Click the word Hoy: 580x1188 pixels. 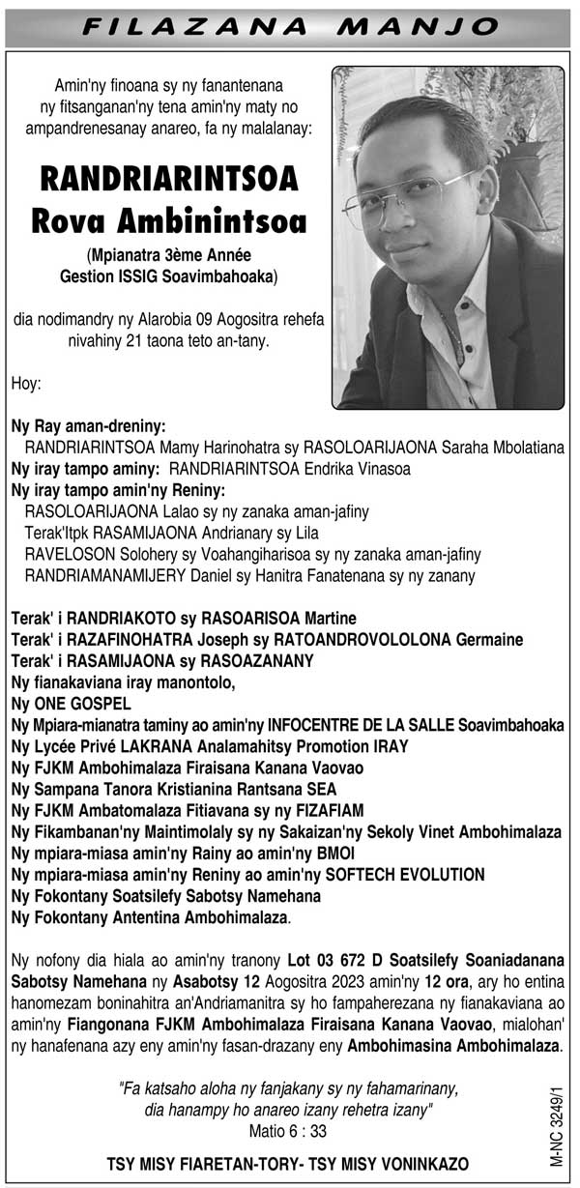point(26,384)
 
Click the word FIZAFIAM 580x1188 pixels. point(325,811)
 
